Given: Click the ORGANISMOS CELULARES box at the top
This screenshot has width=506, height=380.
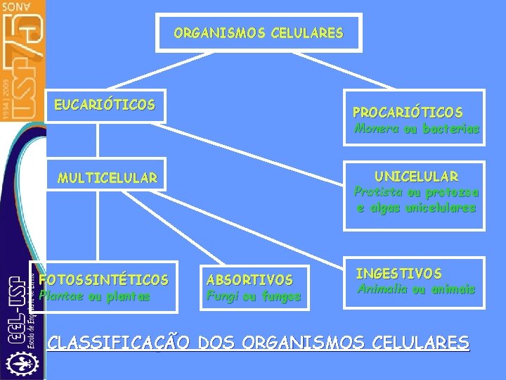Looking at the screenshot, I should [x=259, y=33].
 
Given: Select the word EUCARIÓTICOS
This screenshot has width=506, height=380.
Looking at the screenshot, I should [x=105, y=105].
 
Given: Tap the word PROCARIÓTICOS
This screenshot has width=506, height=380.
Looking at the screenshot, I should [x=408, y=113].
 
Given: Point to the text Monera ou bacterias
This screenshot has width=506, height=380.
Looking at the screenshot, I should [x=417, y=129].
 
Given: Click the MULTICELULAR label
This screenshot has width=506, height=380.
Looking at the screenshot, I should [x=108, y=178].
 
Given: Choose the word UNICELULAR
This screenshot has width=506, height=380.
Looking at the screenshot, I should [x=416, y=176].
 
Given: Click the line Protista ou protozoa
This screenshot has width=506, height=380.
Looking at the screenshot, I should [x=416, y=192].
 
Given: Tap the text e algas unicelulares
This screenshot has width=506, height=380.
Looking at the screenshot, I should [x=416, y=208].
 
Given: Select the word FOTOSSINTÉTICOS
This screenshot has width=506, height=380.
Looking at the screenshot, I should [x=104, y=279].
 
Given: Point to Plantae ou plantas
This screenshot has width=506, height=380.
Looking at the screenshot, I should [x=94, y=296].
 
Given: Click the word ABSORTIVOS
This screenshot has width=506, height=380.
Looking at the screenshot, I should [x=249, y=279].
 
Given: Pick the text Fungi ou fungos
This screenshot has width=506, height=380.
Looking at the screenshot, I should [x=254, y=296].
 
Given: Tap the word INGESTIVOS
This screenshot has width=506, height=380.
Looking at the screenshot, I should [x=398, y=273].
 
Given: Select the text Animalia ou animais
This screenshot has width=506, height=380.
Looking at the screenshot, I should [x=416, y=289].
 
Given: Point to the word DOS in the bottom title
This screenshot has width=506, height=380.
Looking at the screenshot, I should [x=218, y=343].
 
